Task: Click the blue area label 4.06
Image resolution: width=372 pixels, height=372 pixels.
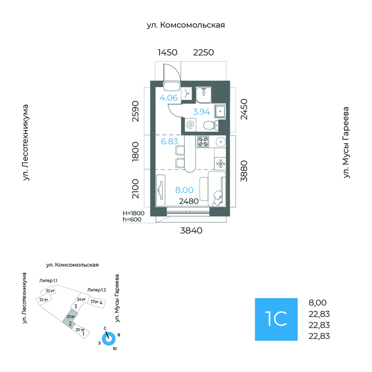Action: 169,98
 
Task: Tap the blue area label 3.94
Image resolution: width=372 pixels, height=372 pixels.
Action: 202,111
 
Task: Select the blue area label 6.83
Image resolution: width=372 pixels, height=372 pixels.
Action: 169,141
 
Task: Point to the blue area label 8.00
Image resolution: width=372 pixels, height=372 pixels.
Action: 184,190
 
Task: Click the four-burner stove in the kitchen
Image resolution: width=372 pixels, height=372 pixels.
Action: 203,142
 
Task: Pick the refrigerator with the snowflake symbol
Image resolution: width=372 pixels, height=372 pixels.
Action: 220,164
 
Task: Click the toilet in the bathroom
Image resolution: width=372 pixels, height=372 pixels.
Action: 210,124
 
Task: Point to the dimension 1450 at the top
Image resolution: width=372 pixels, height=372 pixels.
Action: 167,52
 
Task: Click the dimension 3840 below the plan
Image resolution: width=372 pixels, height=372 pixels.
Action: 191,231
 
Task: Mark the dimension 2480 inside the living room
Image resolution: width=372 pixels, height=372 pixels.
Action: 188,201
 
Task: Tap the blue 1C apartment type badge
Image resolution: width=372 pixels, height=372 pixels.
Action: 276,319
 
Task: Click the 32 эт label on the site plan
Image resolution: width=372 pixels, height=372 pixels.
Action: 43,300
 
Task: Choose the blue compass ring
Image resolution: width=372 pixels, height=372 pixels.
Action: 109,339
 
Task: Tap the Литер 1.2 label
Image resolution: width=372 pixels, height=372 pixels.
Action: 96,290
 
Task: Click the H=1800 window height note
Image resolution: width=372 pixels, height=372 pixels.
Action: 133,213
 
